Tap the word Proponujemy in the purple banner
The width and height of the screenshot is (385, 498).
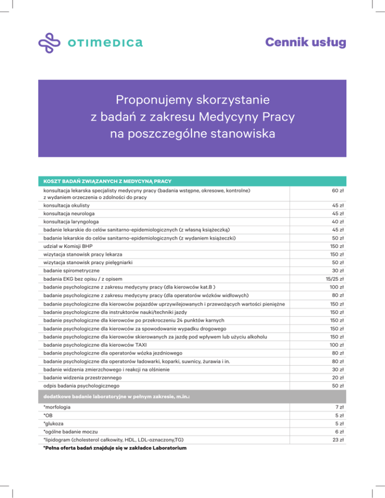pos(155,99)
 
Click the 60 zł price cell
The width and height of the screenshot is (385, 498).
pos(337,191)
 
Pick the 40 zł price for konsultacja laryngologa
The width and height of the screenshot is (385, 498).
pos(337,221)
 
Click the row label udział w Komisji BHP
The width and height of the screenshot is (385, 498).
pos(68,246)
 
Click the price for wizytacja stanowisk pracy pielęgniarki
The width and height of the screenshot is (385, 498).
pos(337,262)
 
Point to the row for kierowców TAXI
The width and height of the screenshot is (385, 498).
pos(101,345)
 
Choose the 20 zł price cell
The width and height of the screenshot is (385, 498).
pos(337,377)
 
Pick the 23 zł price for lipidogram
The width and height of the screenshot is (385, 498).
pos(337,440)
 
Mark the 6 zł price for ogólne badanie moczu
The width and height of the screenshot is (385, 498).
pos(339,432)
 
